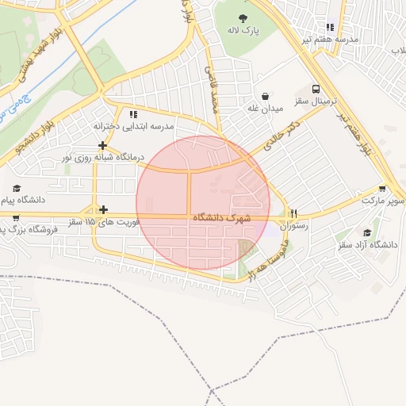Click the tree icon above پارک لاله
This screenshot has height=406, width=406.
(x=242, y=18)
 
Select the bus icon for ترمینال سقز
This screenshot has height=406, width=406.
(x=316, y=90)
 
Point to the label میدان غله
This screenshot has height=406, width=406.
(x=265, y=109)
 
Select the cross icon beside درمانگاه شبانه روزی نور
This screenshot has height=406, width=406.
(x=102, y=145)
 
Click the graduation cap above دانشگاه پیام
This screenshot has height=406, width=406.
(x=17, y=188)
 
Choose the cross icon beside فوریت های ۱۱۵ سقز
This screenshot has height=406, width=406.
(x=102, y=210)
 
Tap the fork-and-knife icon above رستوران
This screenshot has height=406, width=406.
(x=294, y=213)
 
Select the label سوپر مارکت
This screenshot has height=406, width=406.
(x=384, y=201)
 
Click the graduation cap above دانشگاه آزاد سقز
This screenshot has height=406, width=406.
(x=366, y=232)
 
